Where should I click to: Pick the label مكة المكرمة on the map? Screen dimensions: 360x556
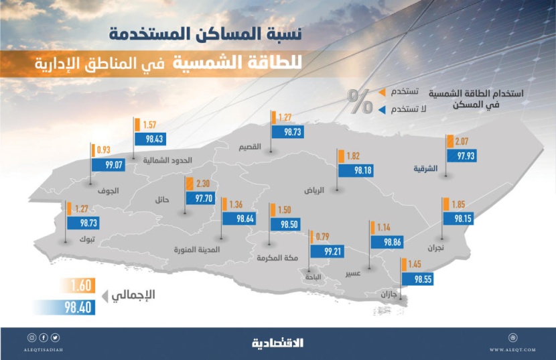pos(275,257)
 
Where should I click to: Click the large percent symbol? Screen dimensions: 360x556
pos(359,102)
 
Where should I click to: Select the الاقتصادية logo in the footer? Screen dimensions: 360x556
pos(277,343)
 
